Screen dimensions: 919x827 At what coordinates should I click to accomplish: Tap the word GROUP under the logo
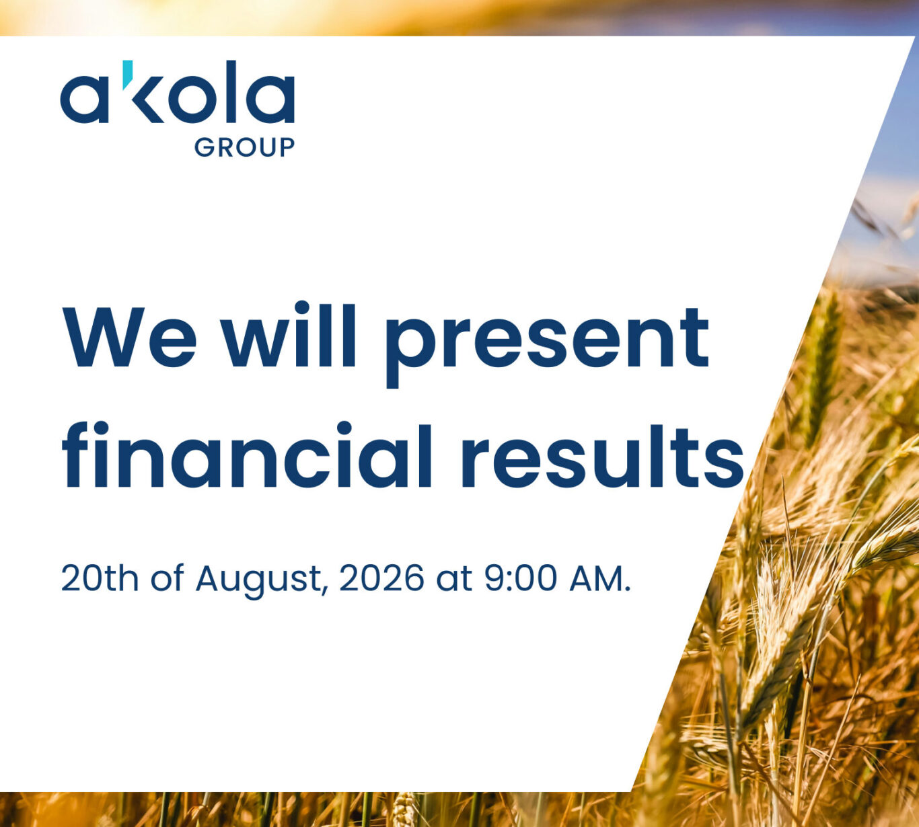click(244, 148)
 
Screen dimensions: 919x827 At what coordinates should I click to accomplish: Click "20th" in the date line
click(100, 579)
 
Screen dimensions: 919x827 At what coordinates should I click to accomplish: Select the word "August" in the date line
click(260, 582)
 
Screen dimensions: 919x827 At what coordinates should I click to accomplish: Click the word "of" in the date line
click(168, 579)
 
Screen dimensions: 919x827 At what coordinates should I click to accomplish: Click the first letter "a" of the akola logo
click(84, 98)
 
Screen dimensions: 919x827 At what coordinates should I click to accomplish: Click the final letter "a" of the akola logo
click(270, 98)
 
